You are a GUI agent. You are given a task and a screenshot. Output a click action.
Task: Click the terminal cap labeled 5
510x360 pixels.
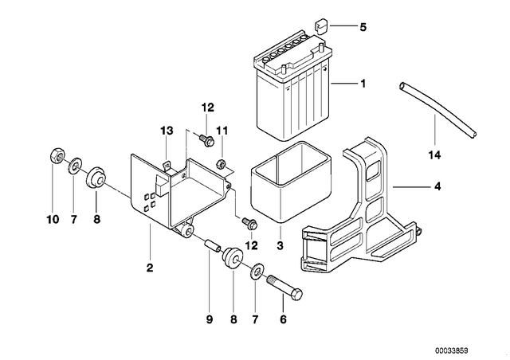[x=320, y=26]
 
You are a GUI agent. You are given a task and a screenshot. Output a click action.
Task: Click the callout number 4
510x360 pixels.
[x=437, y=186]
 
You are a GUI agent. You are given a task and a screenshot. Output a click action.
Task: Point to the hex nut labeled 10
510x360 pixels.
[x=58, y=155]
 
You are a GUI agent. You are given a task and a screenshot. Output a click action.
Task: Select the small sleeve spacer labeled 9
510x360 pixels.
[x=212, y=246]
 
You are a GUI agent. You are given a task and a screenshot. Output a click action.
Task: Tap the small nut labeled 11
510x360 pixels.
[x=221, y=163]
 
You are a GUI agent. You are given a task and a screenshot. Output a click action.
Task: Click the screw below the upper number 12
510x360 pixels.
[x=206, y=140]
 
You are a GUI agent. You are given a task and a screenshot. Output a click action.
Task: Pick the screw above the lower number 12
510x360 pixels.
[x=249, y=223]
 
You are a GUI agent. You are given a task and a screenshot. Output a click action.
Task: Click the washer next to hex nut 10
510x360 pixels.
[x=75, y=165]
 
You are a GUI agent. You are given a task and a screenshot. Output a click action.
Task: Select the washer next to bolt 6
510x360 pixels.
[x=257, y=271]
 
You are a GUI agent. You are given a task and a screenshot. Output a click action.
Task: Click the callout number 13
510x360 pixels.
[x=167, y=131]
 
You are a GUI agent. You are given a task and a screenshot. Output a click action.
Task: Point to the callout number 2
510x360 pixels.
[x=150, y=268]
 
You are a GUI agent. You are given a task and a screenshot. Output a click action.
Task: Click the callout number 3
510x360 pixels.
[x=280, y=245]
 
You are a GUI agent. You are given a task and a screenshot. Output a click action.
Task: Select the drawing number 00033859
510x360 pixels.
[x=452, y=351]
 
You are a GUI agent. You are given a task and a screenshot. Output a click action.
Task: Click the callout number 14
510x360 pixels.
[x=434, y=155]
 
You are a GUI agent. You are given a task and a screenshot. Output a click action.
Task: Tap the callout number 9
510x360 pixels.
[x=210, y=319]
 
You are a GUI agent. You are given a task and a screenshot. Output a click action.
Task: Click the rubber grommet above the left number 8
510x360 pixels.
[x=96, y=178]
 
